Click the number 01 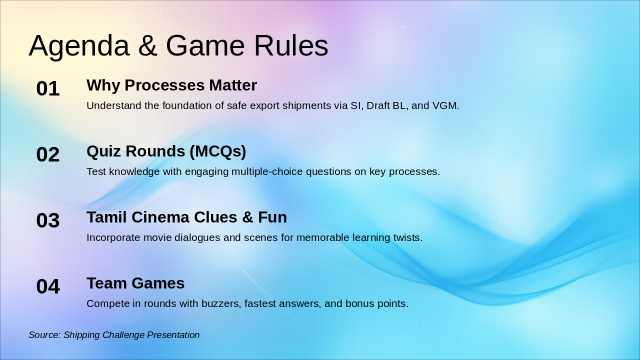click(x=48, y=89)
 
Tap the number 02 click(x=48, y=155)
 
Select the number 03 click(x=48, y=221)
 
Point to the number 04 click(x=48, y=287)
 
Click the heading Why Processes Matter click(x=171, y=85)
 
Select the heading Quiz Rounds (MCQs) click(x=166, y=151)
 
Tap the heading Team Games click(x=135, y=283)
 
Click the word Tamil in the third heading click(x=104, y=217)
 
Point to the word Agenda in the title click(x=79, y=46)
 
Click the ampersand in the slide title click(x=147, y=46)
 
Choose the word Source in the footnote click(x=44, y=335)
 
